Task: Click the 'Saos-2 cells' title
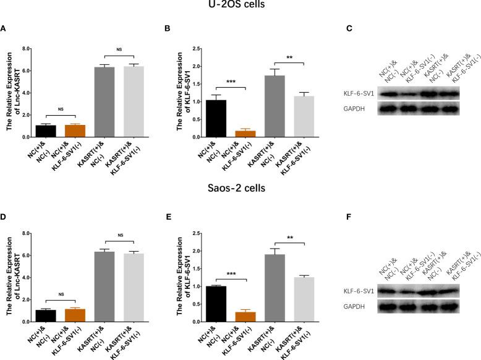coord(240,189)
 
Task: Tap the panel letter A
coord(4,28)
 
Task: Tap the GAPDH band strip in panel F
coord(413,303)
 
